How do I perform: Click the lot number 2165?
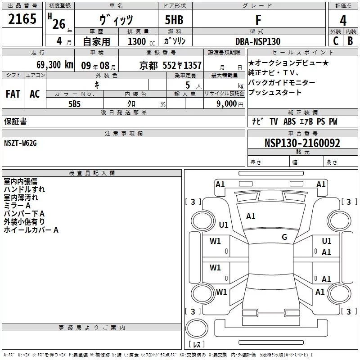click(22, 19)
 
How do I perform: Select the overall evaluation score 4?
click(343, 21)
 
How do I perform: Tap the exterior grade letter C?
click(335, 41)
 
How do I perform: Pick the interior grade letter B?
click(351, 41)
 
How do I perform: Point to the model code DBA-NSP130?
click(258, 41)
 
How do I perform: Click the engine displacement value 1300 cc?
click(139, 41)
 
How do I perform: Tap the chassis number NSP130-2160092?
click(302, 144)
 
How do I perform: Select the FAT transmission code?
click(13, 94)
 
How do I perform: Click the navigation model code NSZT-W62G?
click(21, 143)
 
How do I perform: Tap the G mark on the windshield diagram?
click(284, 237)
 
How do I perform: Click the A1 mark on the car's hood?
click(251, 216)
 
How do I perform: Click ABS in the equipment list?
click(290, 122)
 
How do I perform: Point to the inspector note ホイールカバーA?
click(31, 230)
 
